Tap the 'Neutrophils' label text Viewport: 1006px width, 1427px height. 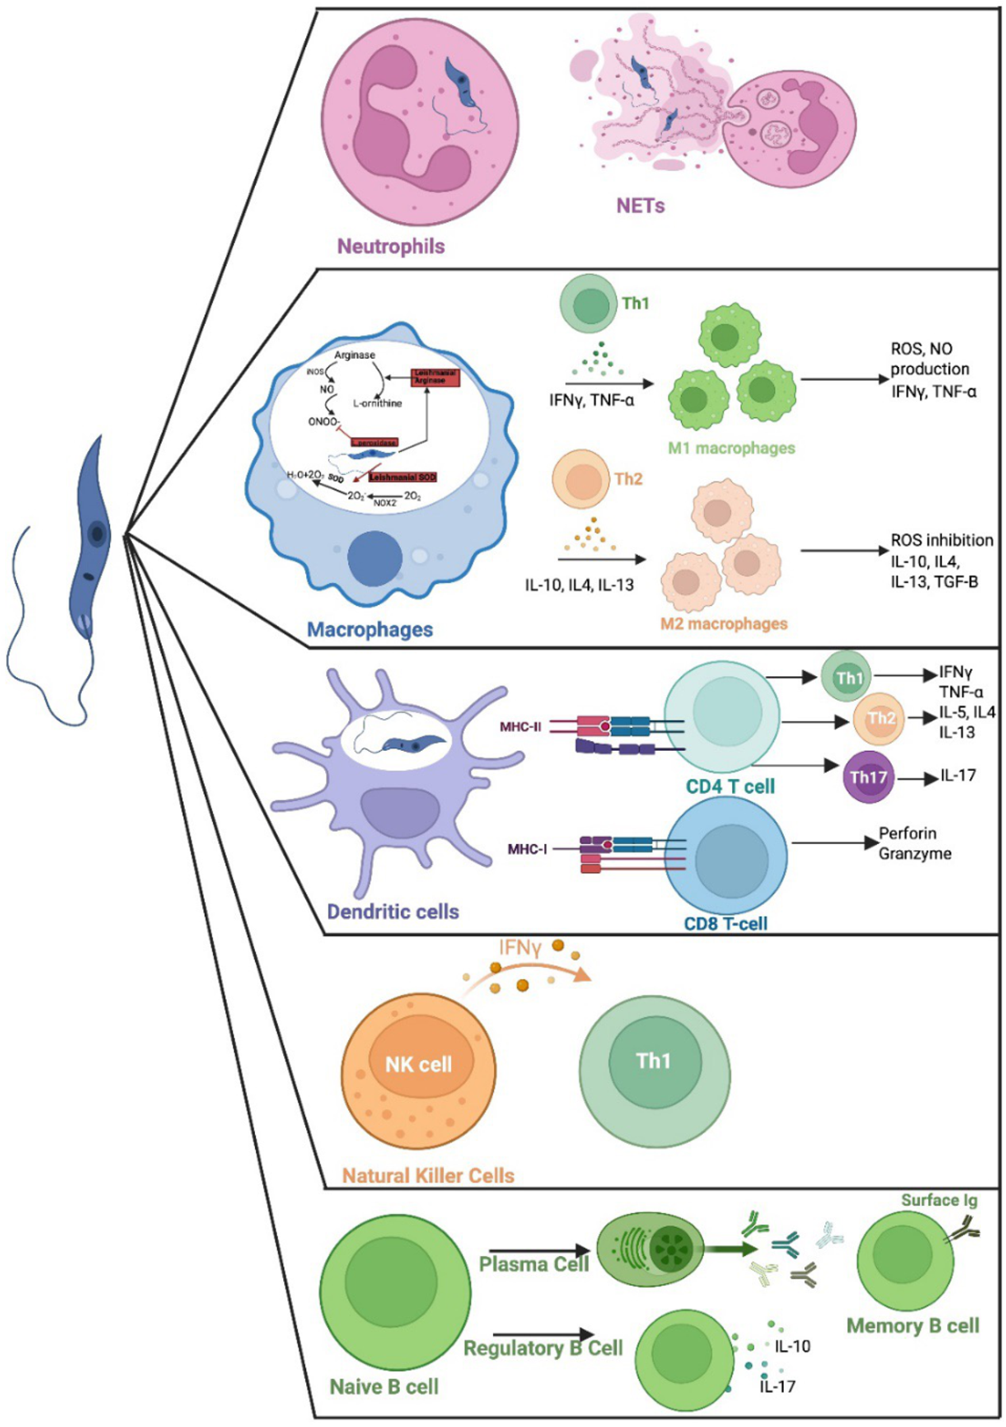pyautogui.click(x=391, y=246)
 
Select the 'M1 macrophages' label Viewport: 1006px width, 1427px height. pyautogui.click(x=732, y=448)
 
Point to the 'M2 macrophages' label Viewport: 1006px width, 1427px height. pyautogui.click(x=724, y=624)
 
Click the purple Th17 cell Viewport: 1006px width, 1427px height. pyautogui.click(x=868, y=777)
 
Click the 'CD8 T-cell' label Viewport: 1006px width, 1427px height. pyautogui.click(x=725, y=923)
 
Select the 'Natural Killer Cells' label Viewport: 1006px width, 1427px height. pyautogui.click(x=429, y=1176)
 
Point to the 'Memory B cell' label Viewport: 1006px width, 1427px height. pyautogui.click(x=913, y=1326)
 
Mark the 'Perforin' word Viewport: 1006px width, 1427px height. pyautogui.click(x=908, y=833)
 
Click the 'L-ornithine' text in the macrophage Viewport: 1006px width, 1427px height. pyautogui.click(x=378, y=403)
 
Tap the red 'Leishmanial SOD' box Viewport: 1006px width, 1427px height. pyautogui.click(x=402, y=478)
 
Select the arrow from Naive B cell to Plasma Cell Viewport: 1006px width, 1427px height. pyautogui.click(x=539, y=1250)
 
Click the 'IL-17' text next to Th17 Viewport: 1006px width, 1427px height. pyautogui.click(x=958, y=776)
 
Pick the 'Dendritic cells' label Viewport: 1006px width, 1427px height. pyautogui.click(x=393, y=911)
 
